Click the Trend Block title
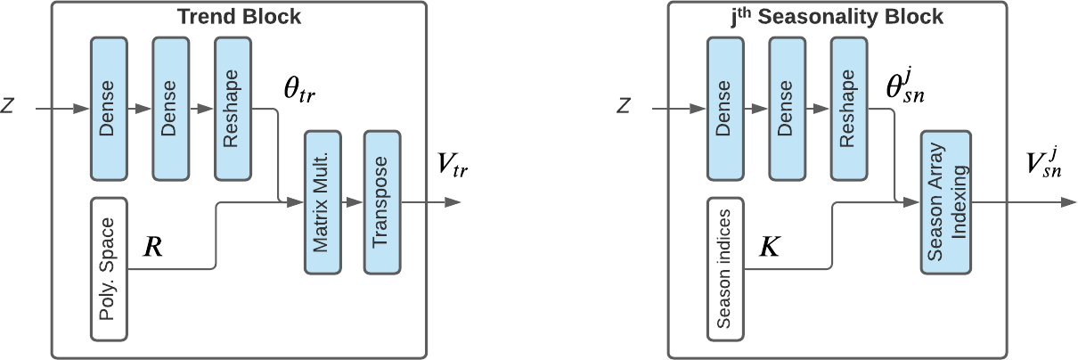(x=239, y=17)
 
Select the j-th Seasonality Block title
(x=855, y=17)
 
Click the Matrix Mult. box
(x=323, y=202)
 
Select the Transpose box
(x=382, y=202)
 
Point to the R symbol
(x=152, y=247)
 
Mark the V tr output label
(x=452, y=165)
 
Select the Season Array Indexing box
(x=945, y=202)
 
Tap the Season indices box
(x=726, y=268)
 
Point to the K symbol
(x=768, y=247)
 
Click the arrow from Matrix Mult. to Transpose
(x=353, y=202)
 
